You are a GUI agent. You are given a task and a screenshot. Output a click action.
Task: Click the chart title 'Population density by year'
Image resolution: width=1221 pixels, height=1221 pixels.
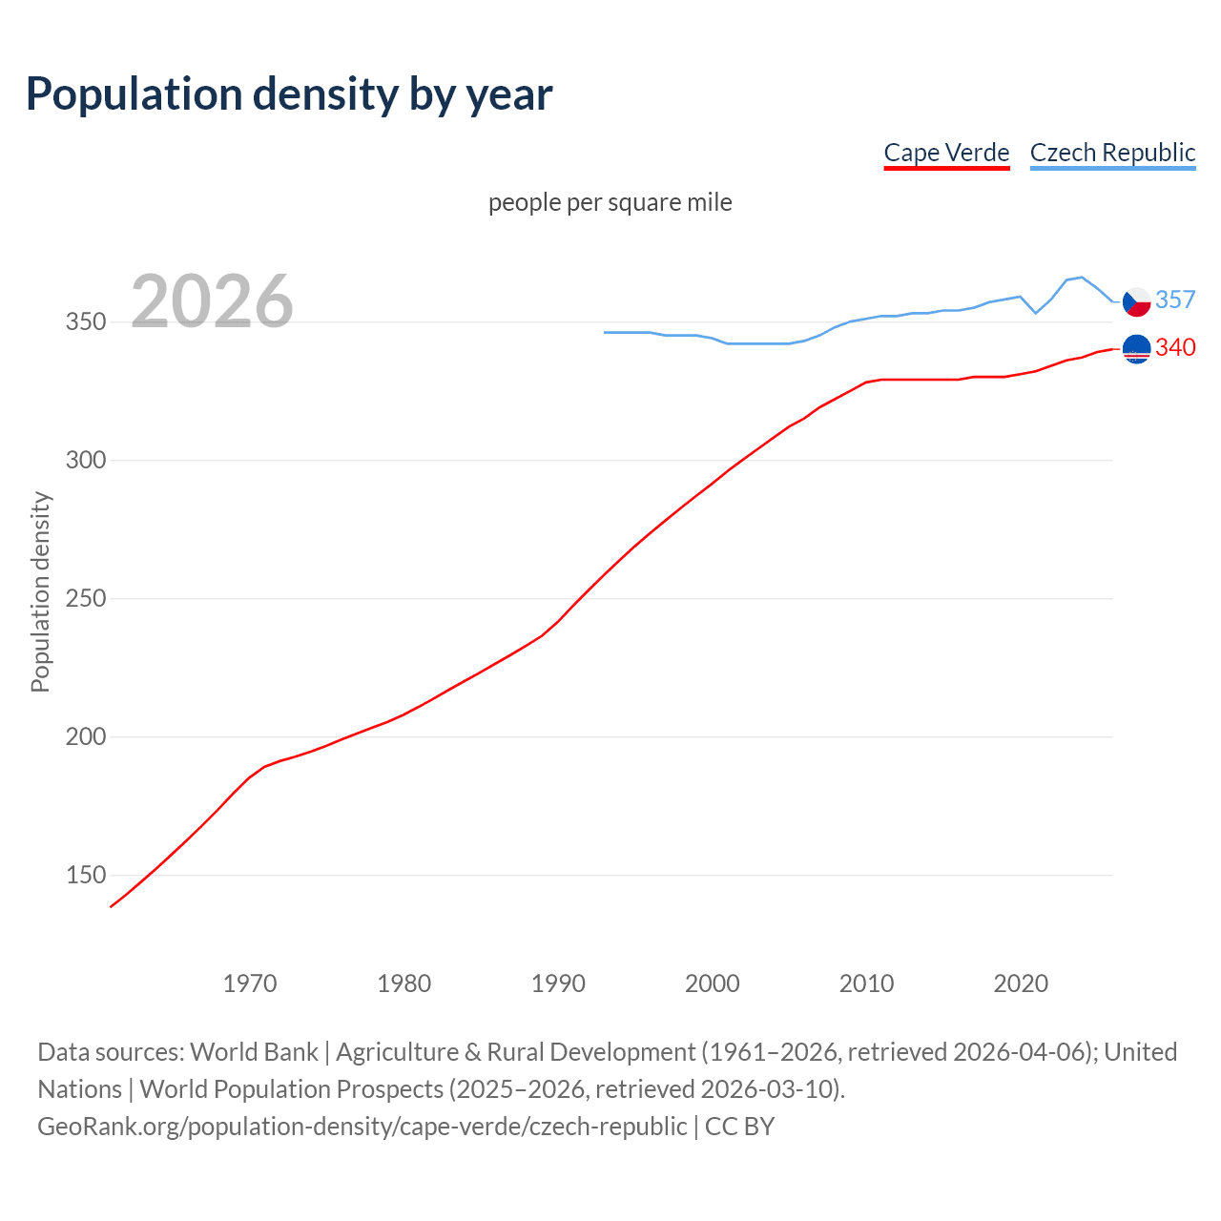[x=289, y=93]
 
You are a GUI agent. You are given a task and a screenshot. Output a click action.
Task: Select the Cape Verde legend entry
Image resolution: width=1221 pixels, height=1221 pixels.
[x=946, y=153]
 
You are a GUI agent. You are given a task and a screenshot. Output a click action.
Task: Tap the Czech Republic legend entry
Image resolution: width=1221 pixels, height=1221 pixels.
[x=1112, y=153]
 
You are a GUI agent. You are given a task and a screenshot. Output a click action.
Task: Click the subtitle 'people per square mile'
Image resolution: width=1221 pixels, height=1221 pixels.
[x=610, y=202]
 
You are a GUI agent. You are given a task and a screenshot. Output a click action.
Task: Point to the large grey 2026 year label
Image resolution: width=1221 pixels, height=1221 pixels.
[x=212, y=301]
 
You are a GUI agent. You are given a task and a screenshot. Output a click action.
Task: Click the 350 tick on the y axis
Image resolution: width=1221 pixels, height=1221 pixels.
[x=86, y=322]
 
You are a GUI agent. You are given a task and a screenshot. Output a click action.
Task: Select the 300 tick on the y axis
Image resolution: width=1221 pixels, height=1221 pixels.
[x=86, y=461]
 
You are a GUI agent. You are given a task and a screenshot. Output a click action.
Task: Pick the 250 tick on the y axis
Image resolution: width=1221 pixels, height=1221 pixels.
[x=86, y=599]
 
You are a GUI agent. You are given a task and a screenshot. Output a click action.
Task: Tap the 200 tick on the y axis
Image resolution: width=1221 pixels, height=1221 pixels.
[x=86, y=737]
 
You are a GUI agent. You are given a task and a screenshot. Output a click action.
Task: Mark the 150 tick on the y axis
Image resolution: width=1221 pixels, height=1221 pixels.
[x=86, y=876]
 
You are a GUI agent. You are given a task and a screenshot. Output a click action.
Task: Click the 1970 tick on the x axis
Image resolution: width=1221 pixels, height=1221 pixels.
[x=250, y=983]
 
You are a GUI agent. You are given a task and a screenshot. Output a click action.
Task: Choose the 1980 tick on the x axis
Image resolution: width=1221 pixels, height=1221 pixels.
[x=404, y=983]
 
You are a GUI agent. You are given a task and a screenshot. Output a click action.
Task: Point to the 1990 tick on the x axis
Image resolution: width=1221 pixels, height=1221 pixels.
[x=558, y=983]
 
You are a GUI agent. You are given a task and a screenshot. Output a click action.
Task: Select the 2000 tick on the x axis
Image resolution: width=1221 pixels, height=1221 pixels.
[x=713, y=983]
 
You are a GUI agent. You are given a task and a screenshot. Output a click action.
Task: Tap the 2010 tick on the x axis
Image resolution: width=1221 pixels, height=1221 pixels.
[x=866, y=983]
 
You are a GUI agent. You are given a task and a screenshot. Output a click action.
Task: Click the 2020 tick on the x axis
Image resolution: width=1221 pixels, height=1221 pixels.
[x=1021, y=983]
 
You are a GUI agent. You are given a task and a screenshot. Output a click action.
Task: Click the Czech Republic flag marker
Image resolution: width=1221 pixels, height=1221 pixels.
[x=1136, y=301]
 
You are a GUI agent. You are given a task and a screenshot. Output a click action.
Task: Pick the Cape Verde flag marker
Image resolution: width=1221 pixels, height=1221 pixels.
[x=1136, y=349]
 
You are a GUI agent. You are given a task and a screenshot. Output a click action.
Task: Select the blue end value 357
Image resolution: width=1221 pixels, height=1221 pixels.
[x=1175, y=300]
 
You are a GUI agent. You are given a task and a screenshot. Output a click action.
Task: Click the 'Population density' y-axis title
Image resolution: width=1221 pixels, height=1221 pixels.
[x=40, y=591]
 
